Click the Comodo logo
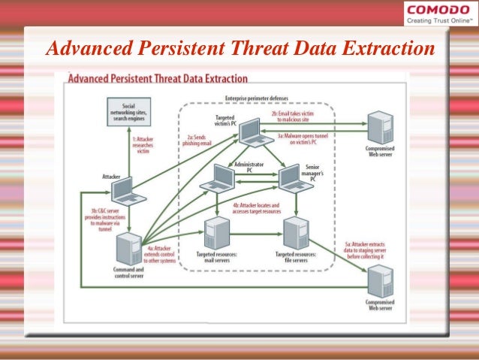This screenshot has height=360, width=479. pyautogui.click(x=438, y=13)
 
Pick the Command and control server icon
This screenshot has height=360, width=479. pyautogui.click(x=127, y=248)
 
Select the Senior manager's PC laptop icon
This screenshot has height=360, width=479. pyautogui.click(x=293, y=179)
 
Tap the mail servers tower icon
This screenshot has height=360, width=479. pyautogui.click(x=218, y=232)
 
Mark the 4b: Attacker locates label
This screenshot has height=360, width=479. pyautogui.click(x=256, y=208)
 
